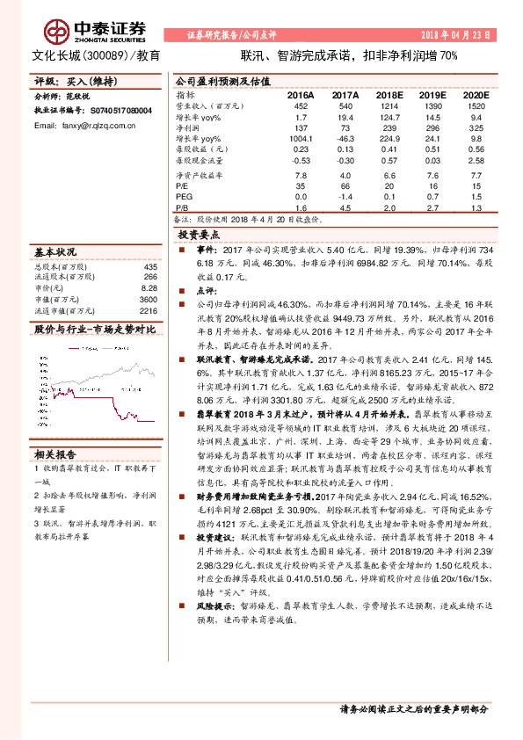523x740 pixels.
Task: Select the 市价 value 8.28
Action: (149, 287)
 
